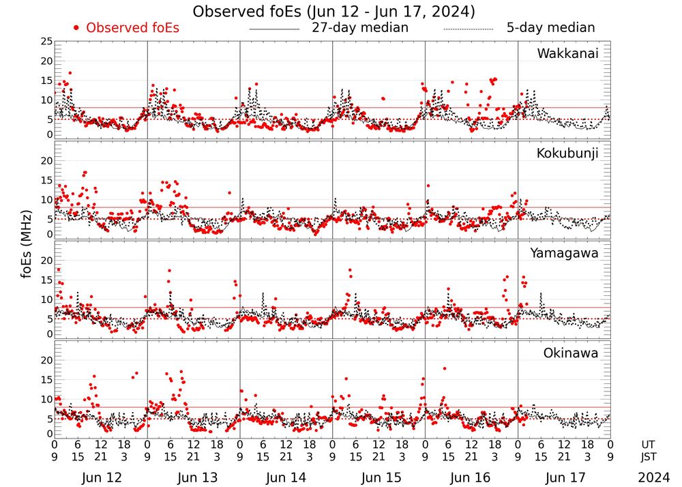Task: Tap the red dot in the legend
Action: coord(76,28)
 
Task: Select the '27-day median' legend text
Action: coord(360,28)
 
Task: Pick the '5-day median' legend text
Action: coord(550,28)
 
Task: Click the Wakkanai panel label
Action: coord(567,54)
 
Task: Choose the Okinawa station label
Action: coord(571,353)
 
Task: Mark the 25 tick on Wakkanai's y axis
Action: coord(46,42)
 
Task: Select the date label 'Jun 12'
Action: coord(101,478)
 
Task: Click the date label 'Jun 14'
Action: coord(286,478)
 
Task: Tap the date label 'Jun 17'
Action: coord(564,478)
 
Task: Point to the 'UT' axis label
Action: coord(649,444)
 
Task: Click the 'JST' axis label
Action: coord(649,456)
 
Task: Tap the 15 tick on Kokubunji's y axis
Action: coord(46,180)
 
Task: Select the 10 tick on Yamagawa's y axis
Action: coord(46,299)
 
